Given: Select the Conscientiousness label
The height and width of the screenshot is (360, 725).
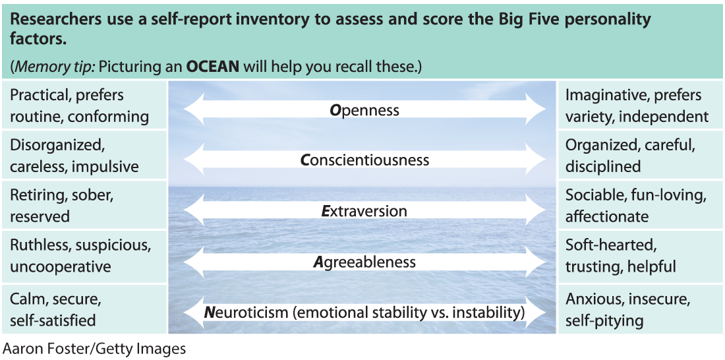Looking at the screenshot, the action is coord(364,160).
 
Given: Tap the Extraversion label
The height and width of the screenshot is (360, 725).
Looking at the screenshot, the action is coord(364,211).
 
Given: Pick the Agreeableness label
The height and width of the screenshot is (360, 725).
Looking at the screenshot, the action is coord(364,262).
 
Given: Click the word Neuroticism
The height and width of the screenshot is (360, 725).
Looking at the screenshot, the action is coord(246,313).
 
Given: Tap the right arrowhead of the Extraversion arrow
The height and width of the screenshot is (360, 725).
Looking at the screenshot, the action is coord(535,211).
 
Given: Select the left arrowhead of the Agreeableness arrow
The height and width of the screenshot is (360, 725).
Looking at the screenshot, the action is coord(194,262).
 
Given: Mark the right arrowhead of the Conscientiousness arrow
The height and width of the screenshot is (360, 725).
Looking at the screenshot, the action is coord(535,160).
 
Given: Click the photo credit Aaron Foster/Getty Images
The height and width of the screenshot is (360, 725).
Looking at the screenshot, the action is coord(94,348).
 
